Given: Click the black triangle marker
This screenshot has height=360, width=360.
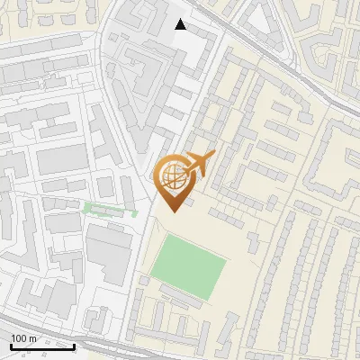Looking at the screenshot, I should [181, 24].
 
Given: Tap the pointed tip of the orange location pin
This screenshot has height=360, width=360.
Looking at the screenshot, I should [172, 210].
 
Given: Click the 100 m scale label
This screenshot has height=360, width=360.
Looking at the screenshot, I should [23, 338].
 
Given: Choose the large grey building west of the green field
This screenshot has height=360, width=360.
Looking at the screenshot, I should [108, 256].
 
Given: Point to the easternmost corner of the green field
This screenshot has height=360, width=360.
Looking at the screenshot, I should [227, 260].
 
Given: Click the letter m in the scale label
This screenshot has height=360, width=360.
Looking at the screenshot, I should [33, 338].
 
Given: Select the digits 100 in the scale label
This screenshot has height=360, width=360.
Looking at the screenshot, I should [20, 338].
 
